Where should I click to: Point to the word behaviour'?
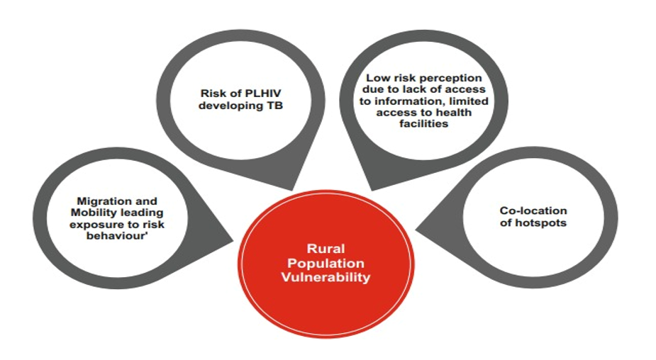click(x=118, y=236)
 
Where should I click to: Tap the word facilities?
click(x=424, y=124)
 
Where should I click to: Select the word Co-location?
click(x=533, y=210)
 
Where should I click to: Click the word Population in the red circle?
click(x=326, y=264)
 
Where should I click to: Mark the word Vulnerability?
click(x=326, y=277)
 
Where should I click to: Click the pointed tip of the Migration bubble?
click(x=233, y=241)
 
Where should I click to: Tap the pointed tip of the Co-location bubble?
click(x=416, y=230)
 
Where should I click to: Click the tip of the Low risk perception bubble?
click(x=372, y=191)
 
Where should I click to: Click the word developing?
click(x=231, y=106)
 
